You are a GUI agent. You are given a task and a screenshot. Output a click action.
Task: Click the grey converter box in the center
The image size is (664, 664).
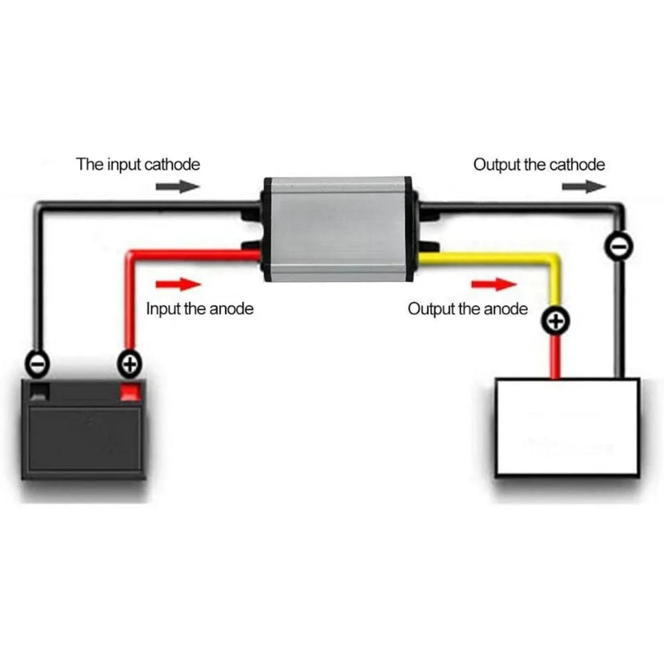337,228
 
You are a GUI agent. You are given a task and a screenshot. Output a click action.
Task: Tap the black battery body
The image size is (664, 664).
84,430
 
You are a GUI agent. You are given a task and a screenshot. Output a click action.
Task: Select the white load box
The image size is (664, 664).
567,427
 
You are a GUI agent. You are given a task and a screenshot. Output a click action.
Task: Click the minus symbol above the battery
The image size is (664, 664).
38,364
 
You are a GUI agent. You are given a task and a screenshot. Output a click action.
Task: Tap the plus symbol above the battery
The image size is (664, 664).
129,364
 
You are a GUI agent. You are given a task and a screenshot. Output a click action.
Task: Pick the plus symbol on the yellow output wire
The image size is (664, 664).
556,321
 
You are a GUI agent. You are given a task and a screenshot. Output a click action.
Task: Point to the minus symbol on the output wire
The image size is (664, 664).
619,246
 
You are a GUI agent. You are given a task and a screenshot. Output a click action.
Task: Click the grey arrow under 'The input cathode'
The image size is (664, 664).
178,187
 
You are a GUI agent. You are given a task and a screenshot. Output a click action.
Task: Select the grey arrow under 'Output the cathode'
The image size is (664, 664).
584,187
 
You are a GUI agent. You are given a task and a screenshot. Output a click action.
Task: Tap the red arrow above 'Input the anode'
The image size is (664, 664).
178,284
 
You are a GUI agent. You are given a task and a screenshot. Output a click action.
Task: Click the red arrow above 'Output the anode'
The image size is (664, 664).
494,284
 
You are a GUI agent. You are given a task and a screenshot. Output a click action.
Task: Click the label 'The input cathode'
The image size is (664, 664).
138,164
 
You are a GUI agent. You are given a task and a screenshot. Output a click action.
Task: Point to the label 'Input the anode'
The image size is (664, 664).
200,309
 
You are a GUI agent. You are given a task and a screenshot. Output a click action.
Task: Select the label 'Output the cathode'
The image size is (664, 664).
539,164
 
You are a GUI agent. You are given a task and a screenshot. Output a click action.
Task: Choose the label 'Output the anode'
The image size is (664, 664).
468,309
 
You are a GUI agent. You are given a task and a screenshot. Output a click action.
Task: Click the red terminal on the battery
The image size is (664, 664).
130,391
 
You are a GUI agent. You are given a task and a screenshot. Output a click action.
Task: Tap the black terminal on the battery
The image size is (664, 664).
41,391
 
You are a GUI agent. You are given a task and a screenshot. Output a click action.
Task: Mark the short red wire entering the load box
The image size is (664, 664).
555,356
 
